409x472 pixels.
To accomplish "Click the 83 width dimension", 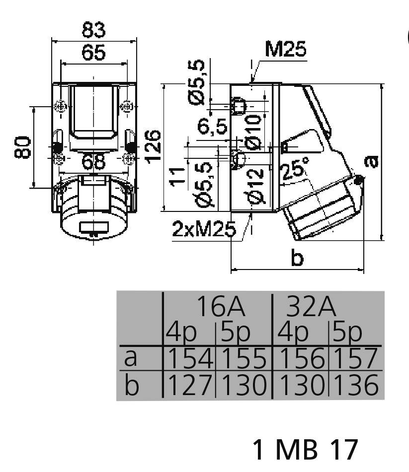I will [93, 31].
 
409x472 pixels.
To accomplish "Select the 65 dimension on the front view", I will [93, 53].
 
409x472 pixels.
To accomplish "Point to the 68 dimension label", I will [93, 161].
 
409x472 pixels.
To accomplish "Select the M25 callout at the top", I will [286, 50].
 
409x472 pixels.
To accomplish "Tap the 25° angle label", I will [294, 171].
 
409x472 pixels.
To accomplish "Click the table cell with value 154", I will [189, 358].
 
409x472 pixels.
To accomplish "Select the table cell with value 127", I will [189, 385].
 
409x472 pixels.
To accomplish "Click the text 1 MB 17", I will [305, 449].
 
